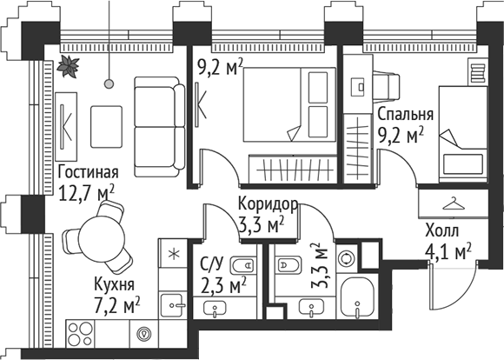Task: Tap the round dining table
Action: pos(98,240)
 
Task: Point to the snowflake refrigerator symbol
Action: pos(172,254)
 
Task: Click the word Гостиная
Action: pos(85,170)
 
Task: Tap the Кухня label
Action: pos(115,285)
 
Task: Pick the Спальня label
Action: pos(405,114)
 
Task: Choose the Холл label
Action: pos(443,231)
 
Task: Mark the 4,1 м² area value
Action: pos(447,253)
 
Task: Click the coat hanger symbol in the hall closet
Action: pos(453,203)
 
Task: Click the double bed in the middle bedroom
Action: pos(279,110)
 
